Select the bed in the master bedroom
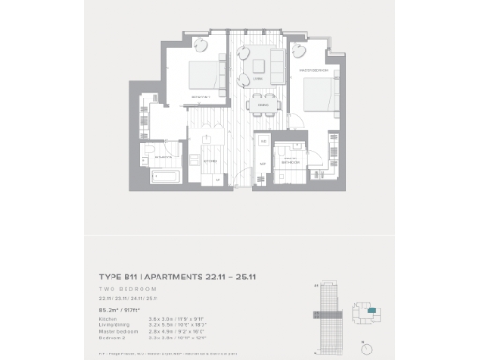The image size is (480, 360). tap(316, 95)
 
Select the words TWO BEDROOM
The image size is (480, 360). tap(124, 289)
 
